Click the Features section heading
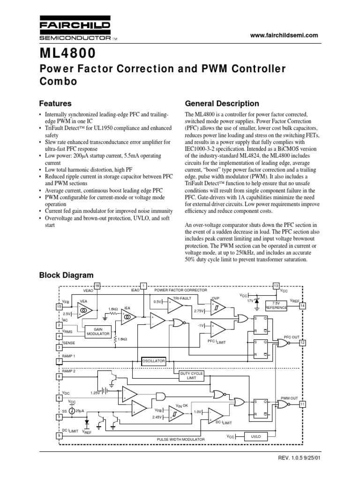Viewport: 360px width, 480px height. tap(55, 103)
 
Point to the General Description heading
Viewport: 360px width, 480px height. tap(222, 103)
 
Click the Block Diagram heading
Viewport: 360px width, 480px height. tap(66, 275)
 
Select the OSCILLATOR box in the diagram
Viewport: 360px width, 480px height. tap(154, 361)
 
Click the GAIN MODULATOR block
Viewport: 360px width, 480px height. tap(97, 331)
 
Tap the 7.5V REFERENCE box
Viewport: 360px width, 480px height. tap(279, 305)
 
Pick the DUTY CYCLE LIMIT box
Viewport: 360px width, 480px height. tap(192, 375)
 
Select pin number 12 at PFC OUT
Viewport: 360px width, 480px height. tap(302, 343)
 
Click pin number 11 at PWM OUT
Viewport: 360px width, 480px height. tap(302, 404)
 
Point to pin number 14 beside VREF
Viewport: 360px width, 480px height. tap(302, 306)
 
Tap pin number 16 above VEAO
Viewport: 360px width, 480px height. tap(97, 285)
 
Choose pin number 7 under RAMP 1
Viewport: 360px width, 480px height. tap(59, 361)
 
